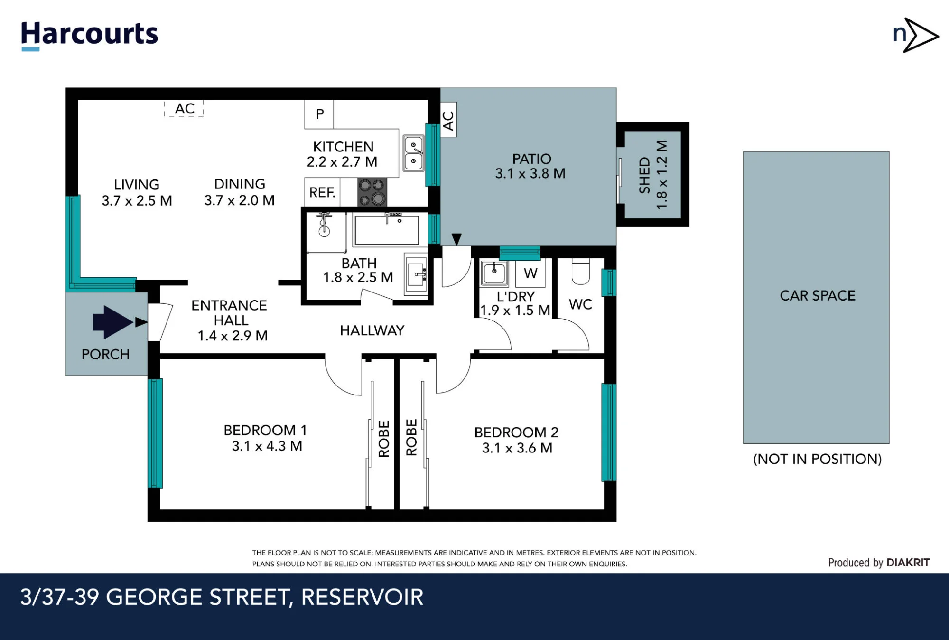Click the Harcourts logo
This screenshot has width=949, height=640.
89,35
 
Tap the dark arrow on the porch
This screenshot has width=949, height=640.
113,322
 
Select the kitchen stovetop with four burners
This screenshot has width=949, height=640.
372,192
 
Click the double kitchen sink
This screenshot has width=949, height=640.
413,153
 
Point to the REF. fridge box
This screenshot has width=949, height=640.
322,192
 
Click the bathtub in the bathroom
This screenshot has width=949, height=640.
387,230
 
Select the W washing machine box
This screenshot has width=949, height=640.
530,273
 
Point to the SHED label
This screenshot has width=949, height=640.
644,175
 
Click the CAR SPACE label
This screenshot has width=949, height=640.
818,295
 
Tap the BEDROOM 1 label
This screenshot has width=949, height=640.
265,430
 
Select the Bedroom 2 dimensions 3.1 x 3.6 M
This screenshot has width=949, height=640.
517,448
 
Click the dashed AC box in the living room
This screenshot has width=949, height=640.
184,109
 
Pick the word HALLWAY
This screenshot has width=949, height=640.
372,330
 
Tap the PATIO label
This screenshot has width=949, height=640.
531,159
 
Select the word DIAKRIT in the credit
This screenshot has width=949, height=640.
908,563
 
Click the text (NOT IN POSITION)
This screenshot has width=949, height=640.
817,459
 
